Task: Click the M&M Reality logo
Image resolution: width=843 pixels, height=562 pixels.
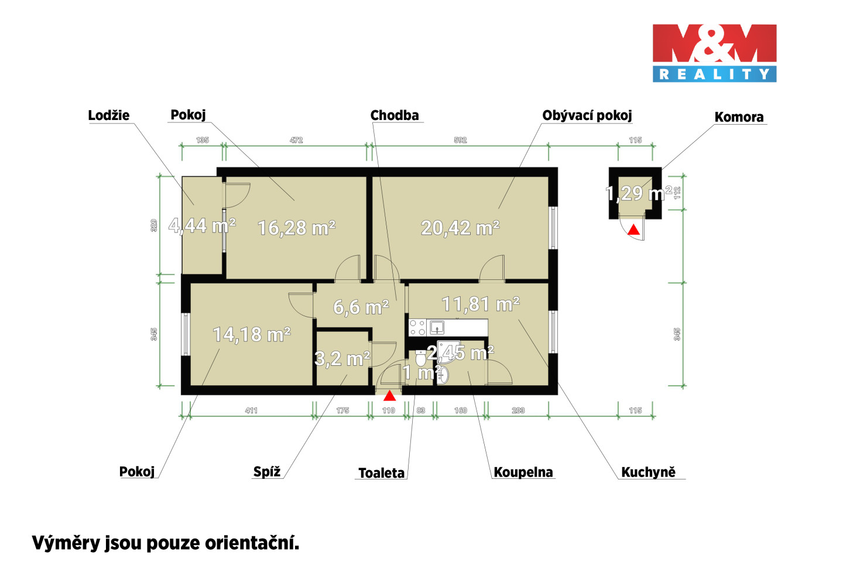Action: (714, 53)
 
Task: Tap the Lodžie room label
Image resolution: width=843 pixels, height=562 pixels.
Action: (109, 115)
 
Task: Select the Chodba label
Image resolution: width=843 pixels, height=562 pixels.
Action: (395, 115)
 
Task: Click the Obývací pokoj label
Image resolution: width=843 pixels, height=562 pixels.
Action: (587, 115)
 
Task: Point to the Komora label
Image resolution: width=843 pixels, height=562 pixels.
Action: (739, 117)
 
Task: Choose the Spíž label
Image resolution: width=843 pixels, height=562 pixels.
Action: (267, 472)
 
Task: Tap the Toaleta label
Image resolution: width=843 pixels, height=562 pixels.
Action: (381, 473)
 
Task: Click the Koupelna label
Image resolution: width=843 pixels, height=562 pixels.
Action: (523, 472)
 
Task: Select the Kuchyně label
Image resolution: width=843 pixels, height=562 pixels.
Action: (648, 472)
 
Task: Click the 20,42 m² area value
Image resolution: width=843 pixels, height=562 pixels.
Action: (460, 228)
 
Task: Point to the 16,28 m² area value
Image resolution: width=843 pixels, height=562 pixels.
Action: (297, 228)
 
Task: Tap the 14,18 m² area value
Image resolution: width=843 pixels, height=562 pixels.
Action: (252, 334)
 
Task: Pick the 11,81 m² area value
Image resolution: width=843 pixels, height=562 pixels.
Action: (481, 304)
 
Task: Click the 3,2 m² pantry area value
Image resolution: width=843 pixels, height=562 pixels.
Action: (342, 358)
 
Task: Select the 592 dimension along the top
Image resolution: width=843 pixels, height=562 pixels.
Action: (460, 140)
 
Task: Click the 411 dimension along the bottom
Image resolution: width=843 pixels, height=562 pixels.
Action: (251, 410)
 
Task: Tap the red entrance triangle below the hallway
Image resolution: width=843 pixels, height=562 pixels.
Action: (389, 396)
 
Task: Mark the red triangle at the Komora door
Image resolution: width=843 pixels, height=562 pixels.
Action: (634, 229)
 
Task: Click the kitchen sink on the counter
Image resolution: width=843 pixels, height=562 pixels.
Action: (437, 327)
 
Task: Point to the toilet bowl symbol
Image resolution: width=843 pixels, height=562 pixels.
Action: (420, 358)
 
